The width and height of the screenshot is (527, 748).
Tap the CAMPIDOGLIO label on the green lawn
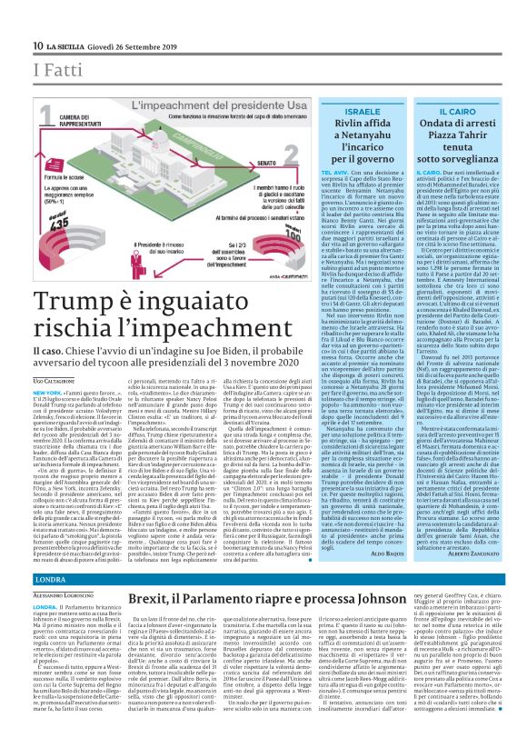(x=199, y=141)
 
